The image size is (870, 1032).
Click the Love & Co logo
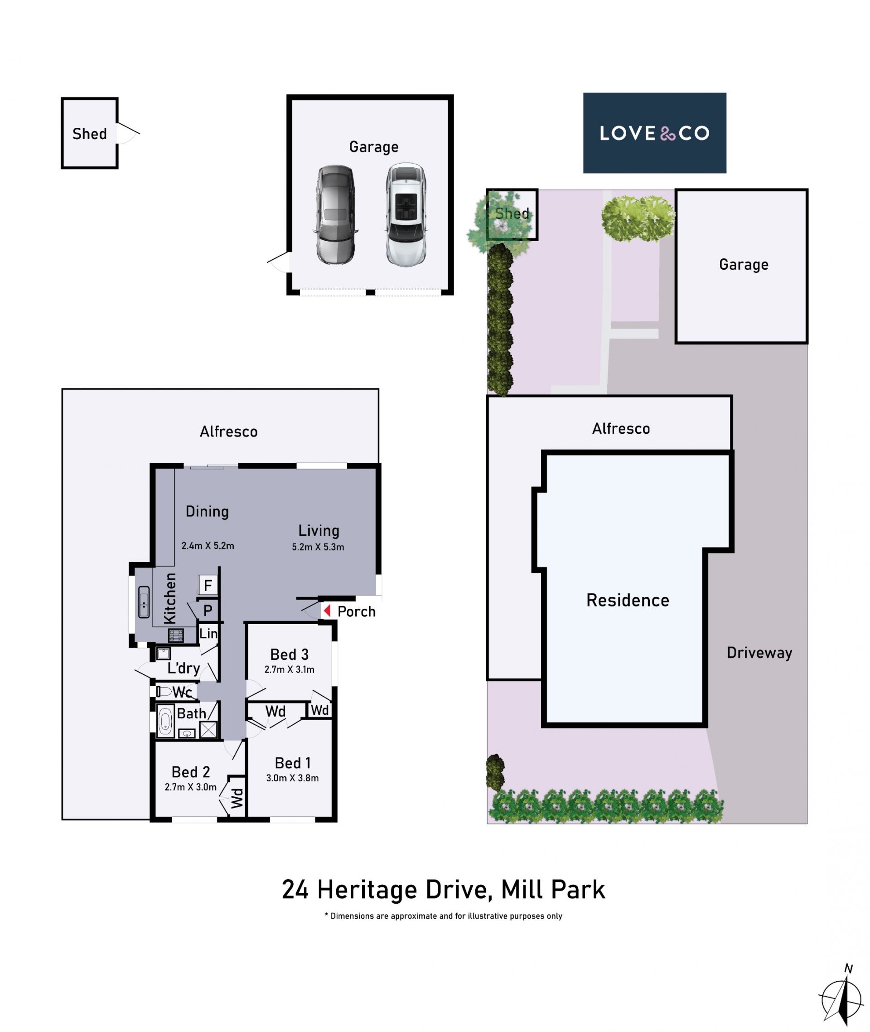[x=654, y=133]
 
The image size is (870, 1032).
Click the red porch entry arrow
[x=327, y=611]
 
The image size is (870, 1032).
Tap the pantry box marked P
[x=208, y=610]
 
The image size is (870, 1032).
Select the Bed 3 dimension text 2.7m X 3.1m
[x=290, y=669]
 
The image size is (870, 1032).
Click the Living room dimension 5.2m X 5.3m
[x=318, y=547]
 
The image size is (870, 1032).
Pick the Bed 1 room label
[x=293, y=763]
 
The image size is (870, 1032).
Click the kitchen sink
[x=144, y=602]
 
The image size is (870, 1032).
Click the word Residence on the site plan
[x=628, y=601]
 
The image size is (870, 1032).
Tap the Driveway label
[x=759, y=653]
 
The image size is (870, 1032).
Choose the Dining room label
[x=207, y=512]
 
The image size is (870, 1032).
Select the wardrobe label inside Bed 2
[x=237, y=798]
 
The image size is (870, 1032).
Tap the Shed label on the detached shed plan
[x=90, y=134]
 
